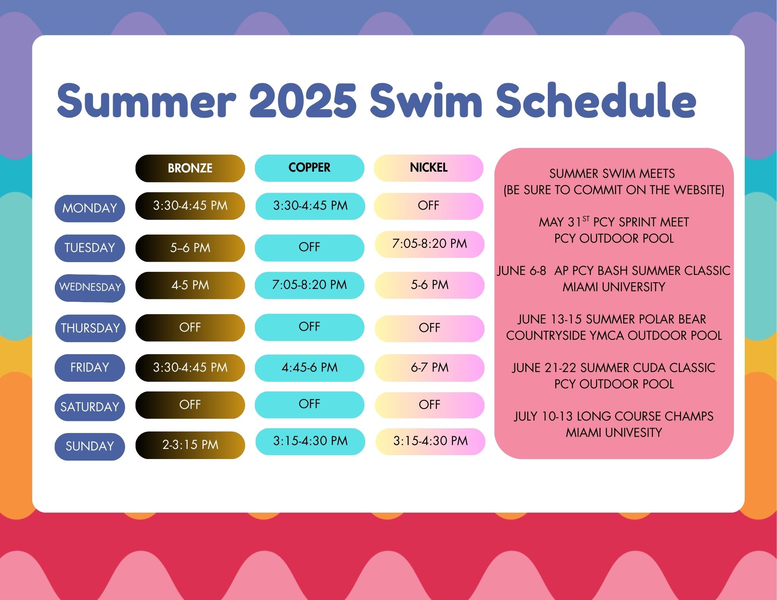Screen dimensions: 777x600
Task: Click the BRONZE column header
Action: (190, 168)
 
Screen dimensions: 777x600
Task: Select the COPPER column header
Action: (310, 168)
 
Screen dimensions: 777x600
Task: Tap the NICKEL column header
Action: (429, 168)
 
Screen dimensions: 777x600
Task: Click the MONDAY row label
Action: (90, 208)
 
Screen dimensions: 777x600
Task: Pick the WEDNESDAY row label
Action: (90, 287)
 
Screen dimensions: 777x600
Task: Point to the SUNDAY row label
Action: (90, 446)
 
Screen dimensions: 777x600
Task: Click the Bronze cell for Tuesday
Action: (190, 248)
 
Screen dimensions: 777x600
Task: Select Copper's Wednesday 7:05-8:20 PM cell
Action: (310, 285)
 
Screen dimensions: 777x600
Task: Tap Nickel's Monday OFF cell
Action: (429, 206)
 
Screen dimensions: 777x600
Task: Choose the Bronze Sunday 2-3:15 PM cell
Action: (190, 445)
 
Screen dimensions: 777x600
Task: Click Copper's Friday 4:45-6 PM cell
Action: (310, 367)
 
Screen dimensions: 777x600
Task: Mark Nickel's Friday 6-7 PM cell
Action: (430, 367)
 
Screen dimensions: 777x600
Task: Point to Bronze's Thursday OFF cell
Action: (190, 327)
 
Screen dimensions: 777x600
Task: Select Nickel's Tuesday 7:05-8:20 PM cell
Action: (430, 244)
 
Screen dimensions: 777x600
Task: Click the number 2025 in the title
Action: (303, 101)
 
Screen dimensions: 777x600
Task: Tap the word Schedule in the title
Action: (596, 100)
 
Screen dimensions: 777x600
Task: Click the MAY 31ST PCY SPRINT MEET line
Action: (614, 222)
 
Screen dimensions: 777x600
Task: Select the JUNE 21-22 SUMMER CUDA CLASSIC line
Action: (614, 367)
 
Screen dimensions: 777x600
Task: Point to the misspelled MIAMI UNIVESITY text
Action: (614, 432)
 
